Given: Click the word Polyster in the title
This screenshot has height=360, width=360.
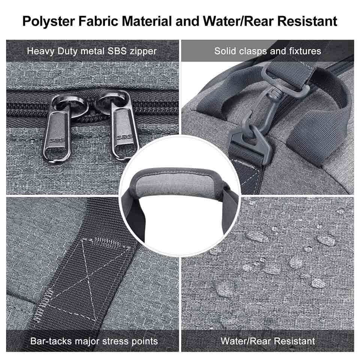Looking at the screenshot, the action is pos(48,21).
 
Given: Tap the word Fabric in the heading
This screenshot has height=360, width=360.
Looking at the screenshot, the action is pos(98,21).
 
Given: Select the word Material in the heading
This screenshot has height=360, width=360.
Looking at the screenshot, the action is pos(147,21).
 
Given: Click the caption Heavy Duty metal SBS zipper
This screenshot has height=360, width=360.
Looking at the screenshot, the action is pos(91,51).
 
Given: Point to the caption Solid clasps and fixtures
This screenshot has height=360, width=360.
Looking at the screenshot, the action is pos(268,51).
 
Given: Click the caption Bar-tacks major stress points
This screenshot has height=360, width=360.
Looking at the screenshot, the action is pos(94,341).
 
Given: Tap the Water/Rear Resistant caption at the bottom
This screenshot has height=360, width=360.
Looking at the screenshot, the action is pos(268,341).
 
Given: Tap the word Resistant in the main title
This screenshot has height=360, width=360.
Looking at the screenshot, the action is pos(307,21).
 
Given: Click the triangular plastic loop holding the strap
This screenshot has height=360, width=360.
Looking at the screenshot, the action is pos(250,142).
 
